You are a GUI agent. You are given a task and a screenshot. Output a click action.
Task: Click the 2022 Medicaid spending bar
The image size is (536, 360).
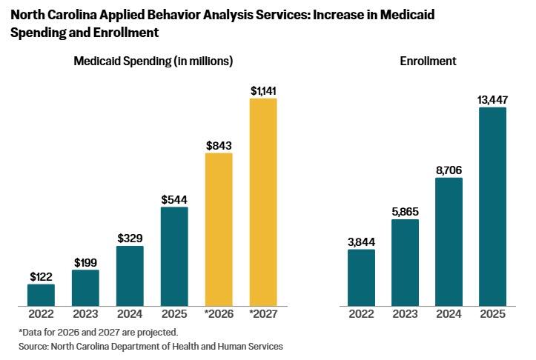click(41, 294)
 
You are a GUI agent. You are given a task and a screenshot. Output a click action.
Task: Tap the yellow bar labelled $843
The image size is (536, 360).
click(219, 229)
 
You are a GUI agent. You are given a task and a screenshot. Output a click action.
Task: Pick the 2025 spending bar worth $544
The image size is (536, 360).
click(174, 256)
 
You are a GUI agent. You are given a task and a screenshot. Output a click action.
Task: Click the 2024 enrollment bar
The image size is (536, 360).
click(449, 241)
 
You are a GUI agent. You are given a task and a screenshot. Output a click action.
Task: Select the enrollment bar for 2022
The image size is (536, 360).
click(361, 277)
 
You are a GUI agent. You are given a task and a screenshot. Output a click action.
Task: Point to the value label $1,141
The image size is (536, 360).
click(263, 90)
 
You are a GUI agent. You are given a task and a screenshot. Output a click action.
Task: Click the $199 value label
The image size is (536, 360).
click(85, 262)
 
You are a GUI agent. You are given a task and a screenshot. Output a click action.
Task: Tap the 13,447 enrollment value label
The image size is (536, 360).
click(492, 100)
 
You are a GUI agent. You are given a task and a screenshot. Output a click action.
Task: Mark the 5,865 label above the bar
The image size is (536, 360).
click(405, 212)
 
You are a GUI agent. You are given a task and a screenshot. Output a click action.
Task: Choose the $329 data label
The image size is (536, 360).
click(130, 239)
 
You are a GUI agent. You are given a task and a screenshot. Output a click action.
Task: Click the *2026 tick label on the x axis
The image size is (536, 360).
click(219, 314)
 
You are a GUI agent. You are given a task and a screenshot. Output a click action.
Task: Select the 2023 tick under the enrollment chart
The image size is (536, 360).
click(405, 314)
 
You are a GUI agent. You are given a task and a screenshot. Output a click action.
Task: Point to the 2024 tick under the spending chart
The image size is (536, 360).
click(130, 314)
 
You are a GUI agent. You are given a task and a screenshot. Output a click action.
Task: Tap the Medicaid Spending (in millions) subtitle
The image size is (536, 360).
click(153, 61)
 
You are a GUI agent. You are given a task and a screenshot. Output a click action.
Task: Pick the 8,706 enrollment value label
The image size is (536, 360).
click(449, 170)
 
